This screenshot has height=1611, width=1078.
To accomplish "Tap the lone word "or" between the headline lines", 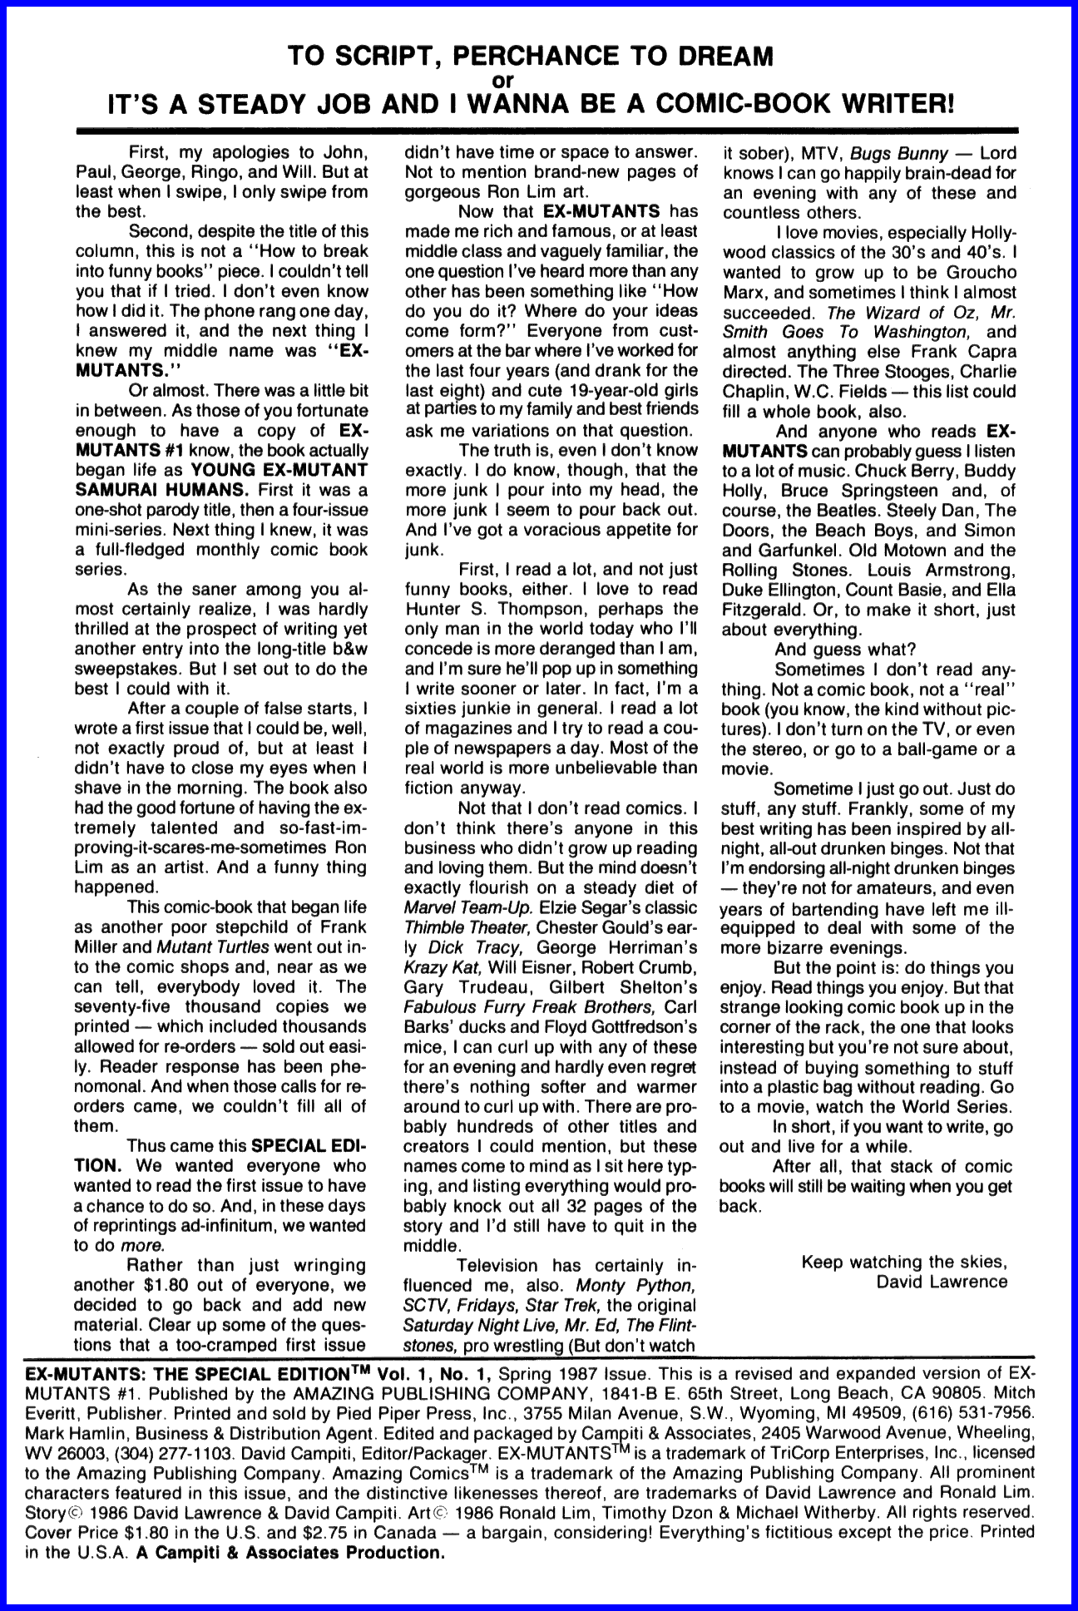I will [x=539, y=81].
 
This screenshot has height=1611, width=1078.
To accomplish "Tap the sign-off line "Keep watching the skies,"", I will [x=904, y=1262].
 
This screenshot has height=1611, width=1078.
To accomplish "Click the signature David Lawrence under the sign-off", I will [x=942, y=1282].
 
